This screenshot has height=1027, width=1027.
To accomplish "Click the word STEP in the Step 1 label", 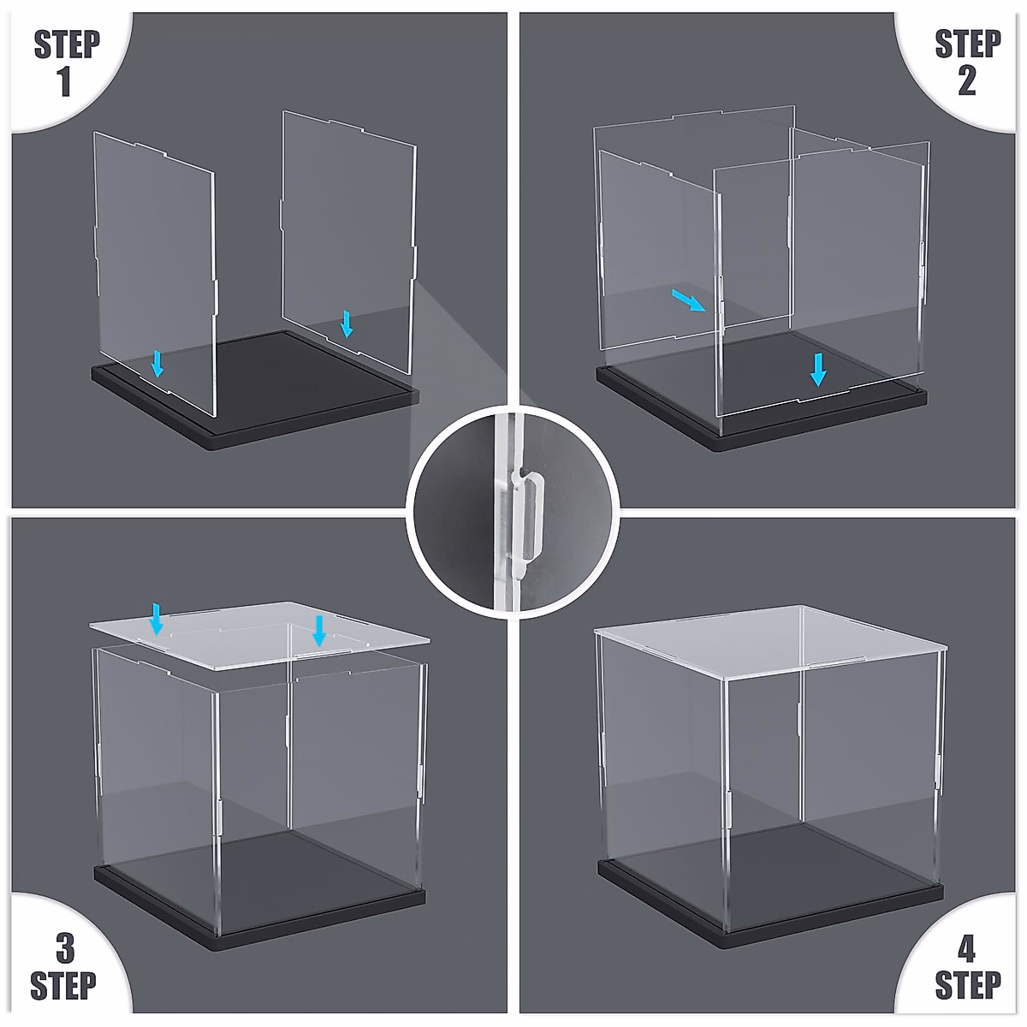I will pyautogui.click(x=67, y=45).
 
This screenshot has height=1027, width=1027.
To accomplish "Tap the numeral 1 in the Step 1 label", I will pyautogui.click(x=64, y=82).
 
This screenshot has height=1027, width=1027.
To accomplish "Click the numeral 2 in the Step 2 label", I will pyautogui.click(x=967, y=82).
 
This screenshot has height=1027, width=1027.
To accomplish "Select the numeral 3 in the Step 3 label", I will pyautogui.click(x=65, y=949).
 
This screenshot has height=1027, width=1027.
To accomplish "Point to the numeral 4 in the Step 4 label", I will pyautogui.click(x=966, y=949).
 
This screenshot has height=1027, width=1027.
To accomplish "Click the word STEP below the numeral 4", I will pyautogui.click(x=967, y=986).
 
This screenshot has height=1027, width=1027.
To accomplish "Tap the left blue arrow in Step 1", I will pyautogui.click(x=157, y=363).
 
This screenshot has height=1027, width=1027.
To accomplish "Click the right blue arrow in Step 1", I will pyautogui.click(x=347, y=324).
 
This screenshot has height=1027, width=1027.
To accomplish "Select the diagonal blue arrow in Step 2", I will pyautogui.click(x=689, y=300).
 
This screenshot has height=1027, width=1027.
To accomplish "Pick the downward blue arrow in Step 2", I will pyautogui.click(x=818, y=369).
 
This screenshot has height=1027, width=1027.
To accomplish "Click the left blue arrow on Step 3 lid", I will pyautogui.click(x=156, y=618).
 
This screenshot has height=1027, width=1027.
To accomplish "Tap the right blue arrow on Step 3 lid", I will pyautogui.click(x=319, y=630).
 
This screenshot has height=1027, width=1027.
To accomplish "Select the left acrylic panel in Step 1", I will pyautogui.click(x=154, y=257).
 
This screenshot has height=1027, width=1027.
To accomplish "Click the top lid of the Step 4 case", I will pyautogui.click(x=770, y=638).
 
